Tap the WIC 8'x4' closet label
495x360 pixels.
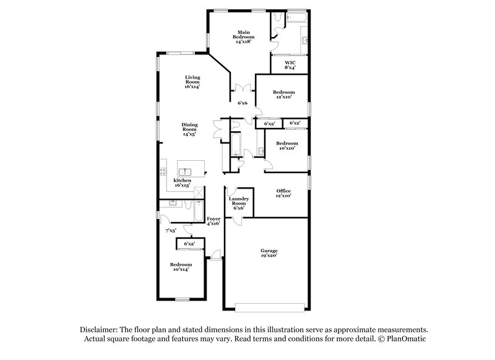click(290, 64)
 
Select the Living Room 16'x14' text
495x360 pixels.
click(192, 82)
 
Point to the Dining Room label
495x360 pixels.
click(189, 129)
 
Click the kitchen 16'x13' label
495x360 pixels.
click(182, 183)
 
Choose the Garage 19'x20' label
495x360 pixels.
click(268, 252)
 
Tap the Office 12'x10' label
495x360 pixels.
click(283, 193)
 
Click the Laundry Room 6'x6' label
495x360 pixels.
click(239, 204)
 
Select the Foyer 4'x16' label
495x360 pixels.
click(213, 221)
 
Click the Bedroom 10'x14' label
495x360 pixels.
click(181, 267)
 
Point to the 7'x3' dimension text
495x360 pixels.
click(171, 231)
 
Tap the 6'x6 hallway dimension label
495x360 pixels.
click(242, 103)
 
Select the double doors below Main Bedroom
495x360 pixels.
click(242, 88)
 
